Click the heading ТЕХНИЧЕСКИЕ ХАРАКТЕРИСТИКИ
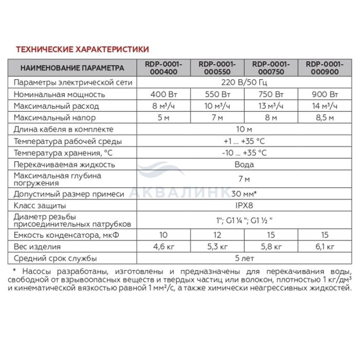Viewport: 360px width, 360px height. (x=83, y=49)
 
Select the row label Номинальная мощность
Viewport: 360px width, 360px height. (x=60, y=95)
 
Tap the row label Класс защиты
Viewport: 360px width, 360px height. (x=41, y=205)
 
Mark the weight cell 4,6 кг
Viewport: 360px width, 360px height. (x=163, y=247)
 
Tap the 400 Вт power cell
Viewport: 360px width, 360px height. (x=163, y=95)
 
